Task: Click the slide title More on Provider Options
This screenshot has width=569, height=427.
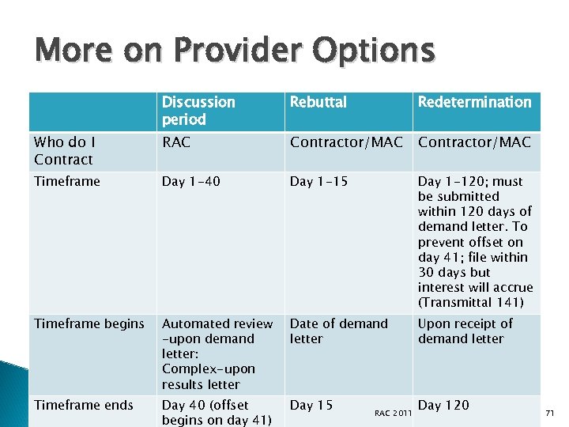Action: coord(235,51)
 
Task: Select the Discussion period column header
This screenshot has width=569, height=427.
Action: coord(198,111)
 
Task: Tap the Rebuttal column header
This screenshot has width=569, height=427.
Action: coord(318,102)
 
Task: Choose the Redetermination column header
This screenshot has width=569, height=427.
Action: coord(474,102)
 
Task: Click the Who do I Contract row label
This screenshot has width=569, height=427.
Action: coord(63,151)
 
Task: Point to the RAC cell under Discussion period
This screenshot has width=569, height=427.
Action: coord(175,142)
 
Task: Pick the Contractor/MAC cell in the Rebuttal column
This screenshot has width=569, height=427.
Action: coord(346,142)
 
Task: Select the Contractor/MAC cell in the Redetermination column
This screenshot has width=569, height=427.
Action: coord(474,142)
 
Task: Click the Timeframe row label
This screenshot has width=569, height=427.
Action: coord(67,181)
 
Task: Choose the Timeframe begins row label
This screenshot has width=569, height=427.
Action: coord(89,323)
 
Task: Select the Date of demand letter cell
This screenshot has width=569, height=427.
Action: coord(338,331)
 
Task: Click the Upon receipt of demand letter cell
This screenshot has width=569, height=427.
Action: coord(465,331)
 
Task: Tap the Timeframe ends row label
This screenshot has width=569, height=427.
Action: coord(84,405)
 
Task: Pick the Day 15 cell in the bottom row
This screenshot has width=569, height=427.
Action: coord(311,405)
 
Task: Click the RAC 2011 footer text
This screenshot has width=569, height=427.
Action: coord(393,413)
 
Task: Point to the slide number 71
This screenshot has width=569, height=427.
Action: coord(552,413)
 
